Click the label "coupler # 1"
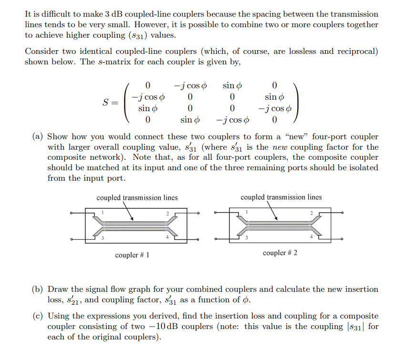tap(132, 255)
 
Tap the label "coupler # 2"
tap(280, 253)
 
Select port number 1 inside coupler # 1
tap(102, 212)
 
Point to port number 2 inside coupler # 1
tap(167, 213)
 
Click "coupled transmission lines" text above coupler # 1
tap(137, 197)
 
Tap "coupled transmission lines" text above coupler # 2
tap(281, 197)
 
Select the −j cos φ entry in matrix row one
tap(190, 86)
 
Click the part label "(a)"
tap(38, 137)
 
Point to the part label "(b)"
tap(38, 289)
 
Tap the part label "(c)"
tap(38, 316)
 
